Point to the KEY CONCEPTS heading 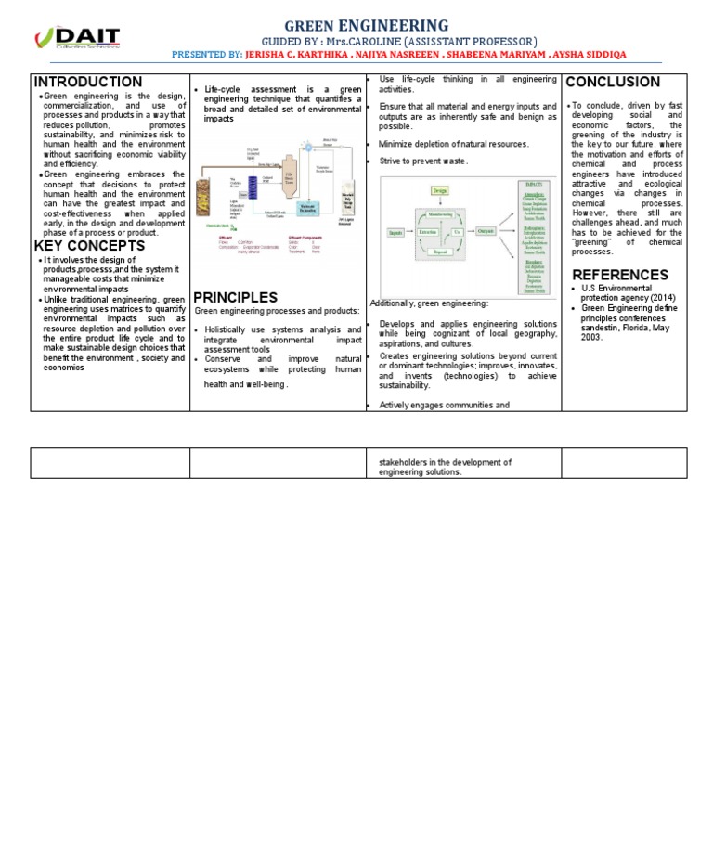coord(89,246)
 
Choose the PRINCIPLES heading coord(235,297)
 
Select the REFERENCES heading coord(620,275)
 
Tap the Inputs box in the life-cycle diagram coord(395,232)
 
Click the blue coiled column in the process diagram coord(253,187)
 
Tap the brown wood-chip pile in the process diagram coord(203,198)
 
